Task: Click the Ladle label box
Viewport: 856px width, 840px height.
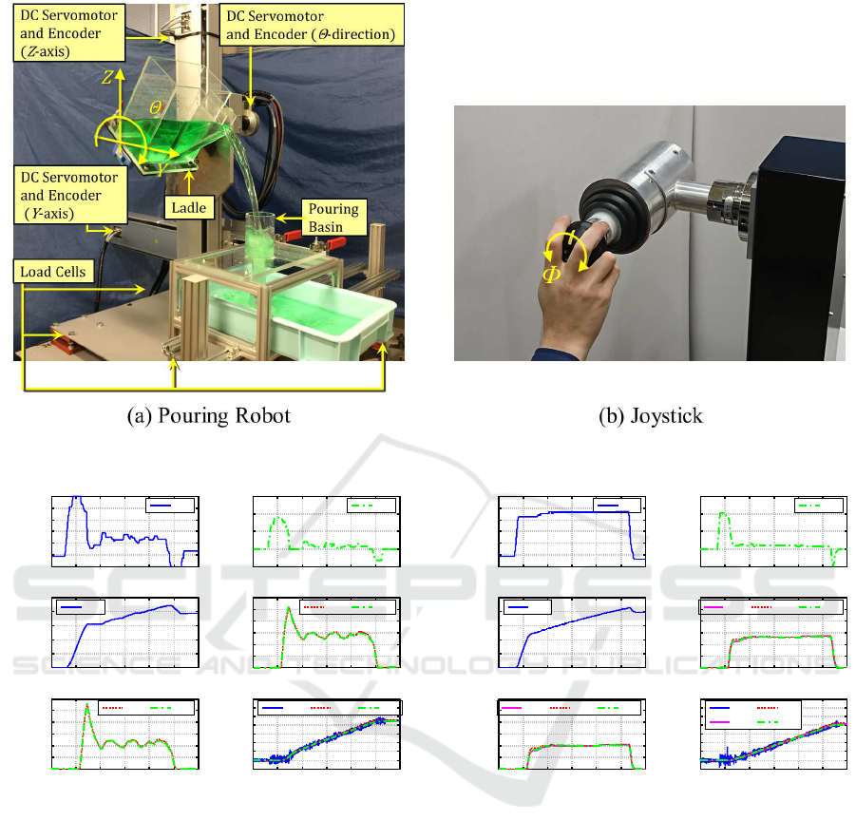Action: (x=189, y=207)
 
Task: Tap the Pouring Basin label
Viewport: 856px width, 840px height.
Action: (x=333, y=218)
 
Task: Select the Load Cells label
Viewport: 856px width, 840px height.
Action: (x=53, y=272)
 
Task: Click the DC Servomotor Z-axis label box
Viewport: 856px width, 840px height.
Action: (x=68, y=32)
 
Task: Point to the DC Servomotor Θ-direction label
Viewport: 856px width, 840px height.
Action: (x=312, y=25)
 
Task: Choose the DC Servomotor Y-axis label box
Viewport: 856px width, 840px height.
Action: (x=70, y=195)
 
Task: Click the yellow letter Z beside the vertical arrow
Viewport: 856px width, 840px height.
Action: (x=107, y=77)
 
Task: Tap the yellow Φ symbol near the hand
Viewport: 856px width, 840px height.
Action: (x=551, y=275)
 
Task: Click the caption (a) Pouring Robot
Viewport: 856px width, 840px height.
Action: (x=209, y=415)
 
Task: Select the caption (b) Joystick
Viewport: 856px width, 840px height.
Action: (x=650, y=415)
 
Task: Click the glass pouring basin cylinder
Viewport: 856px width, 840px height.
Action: (x=259, y=240)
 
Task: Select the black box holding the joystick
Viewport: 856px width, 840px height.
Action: (x=797, y=249)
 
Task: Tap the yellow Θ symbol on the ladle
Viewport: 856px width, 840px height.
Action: (x=156, y=107)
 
